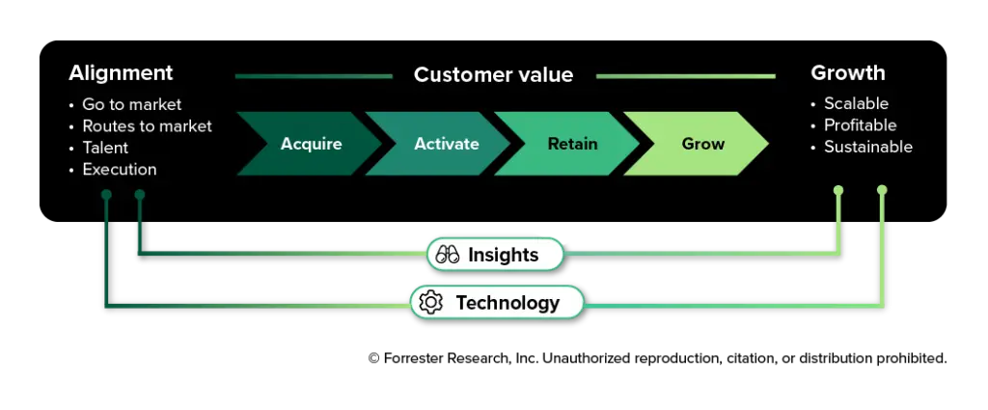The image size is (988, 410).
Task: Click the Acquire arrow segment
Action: (x=309, y=144)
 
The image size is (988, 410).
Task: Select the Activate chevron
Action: (x=441, y=144)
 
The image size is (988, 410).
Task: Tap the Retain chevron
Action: (x=570, y=144)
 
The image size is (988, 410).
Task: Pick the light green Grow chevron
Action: (x=700, y=144)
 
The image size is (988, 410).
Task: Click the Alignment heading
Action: (x=121, y=73)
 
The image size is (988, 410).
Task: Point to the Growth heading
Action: (x=848, y=73)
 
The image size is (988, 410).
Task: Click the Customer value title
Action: (x=493, y=75)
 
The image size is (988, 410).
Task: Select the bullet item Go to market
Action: (x=132, y=104)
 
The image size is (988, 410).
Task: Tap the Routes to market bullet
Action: (x=148, y=126)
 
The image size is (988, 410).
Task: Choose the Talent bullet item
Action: (x=105, y=148)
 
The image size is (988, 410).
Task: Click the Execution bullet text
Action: (x=120, y=170)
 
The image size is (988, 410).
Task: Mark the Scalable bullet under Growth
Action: (x=857, y=103)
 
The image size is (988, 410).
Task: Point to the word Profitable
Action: (x=860, y=124)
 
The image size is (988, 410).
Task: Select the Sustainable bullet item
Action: (x=868, y=147)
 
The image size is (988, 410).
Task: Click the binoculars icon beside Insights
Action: (x=448, y=255)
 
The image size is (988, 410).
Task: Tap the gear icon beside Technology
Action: (x=431, y=302)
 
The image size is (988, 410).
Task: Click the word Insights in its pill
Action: (x=504, y=255)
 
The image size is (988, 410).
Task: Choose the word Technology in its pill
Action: (x=508, y=303)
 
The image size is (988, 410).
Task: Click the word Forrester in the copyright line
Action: (x=414, y=358)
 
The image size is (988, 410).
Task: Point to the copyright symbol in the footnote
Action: (x=373, y=358)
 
